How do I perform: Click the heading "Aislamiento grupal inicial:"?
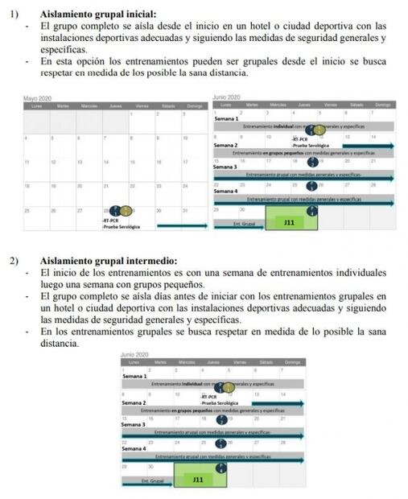pyautogui.click(x=98, y=14)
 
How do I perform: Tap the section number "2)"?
pyautogui.click(x=15, y=261)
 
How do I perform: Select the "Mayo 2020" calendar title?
pyautogui.click(x=39, y=97)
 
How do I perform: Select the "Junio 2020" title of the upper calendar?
pyautogui.click(x=227, y=97)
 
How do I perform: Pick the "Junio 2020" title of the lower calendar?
pyautogui.click(x=136, y=355)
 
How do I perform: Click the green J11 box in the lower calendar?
pyautogui.click(x=198, y=479)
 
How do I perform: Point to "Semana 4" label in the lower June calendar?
pyautogui.click(x=134, y=449)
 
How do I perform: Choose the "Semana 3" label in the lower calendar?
pyautogui.click(x=134, y=424)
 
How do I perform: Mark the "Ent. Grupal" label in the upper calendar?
pyautogui.click(x=243, y=223)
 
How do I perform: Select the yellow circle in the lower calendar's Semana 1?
pyautogui.click(x=228, y=387)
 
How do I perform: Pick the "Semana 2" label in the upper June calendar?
pyautogui.click(x=226, y=146)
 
